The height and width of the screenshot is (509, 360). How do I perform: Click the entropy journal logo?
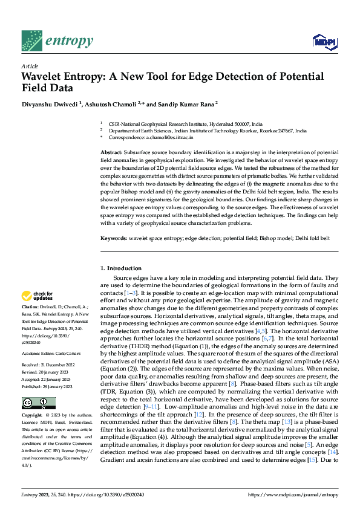[57, 41]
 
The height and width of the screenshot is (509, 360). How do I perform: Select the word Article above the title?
[30, 66]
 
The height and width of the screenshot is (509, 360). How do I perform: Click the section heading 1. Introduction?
[120, 268]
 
